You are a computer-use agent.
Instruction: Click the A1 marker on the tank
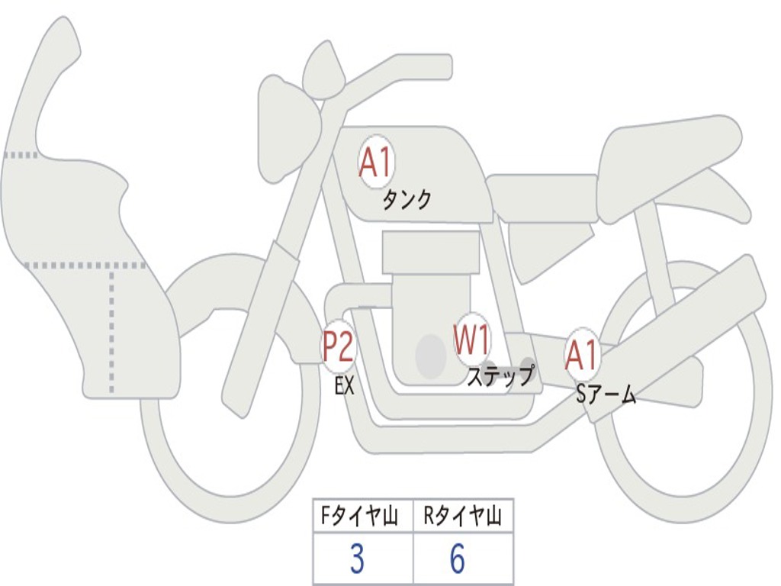(374, 162)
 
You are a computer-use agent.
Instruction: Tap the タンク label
(407, 200)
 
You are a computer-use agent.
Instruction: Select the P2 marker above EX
(337, 347)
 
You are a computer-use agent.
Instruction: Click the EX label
(345, 386)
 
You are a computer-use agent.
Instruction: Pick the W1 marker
(472, 340)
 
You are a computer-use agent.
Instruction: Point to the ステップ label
(500, 376)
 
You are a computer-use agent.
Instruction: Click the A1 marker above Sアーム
(583, 355)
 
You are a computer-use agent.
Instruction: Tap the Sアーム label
(606, 394)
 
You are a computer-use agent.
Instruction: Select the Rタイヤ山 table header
(462, 518)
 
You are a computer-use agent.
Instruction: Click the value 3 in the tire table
(357, 559)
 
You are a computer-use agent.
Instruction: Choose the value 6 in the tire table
(458, 559)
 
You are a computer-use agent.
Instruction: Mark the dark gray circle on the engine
(431, 356)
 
